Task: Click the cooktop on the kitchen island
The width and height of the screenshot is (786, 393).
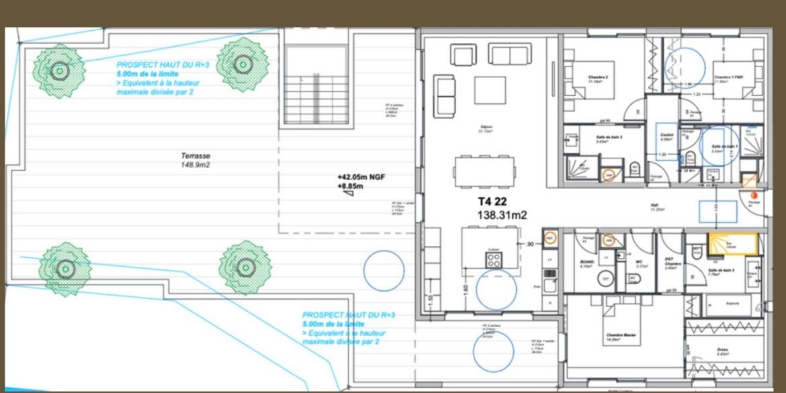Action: (x=494, y=259)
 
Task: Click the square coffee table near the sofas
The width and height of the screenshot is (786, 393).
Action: (x=490, y=89)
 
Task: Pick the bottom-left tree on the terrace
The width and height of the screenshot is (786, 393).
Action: (x=64, y=269)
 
